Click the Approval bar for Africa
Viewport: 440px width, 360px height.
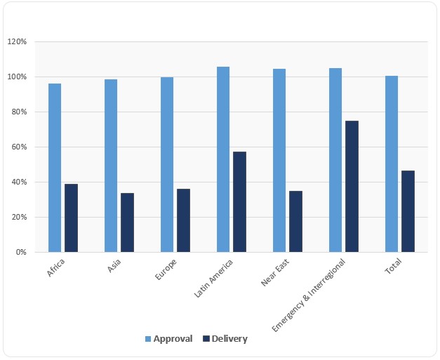55,168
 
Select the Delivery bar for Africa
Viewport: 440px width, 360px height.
71,218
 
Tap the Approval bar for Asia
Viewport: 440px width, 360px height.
111,166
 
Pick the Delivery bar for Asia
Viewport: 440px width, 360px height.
127,222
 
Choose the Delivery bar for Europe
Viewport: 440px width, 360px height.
183,220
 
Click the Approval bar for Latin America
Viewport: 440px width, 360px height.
223,159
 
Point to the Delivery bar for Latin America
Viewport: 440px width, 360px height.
239,201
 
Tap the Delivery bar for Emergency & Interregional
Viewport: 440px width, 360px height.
352,186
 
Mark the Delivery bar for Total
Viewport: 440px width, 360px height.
408,211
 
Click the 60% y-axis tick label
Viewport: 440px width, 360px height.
18,147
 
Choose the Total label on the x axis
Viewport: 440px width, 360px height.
392,267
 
